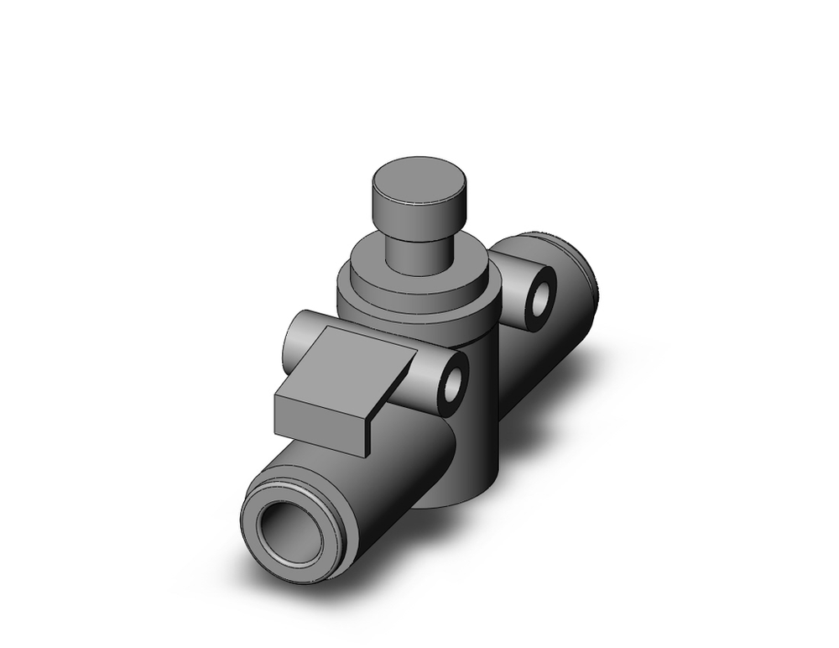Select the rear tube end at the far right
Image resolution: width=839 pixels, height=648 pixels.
(x=587, y=277)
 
